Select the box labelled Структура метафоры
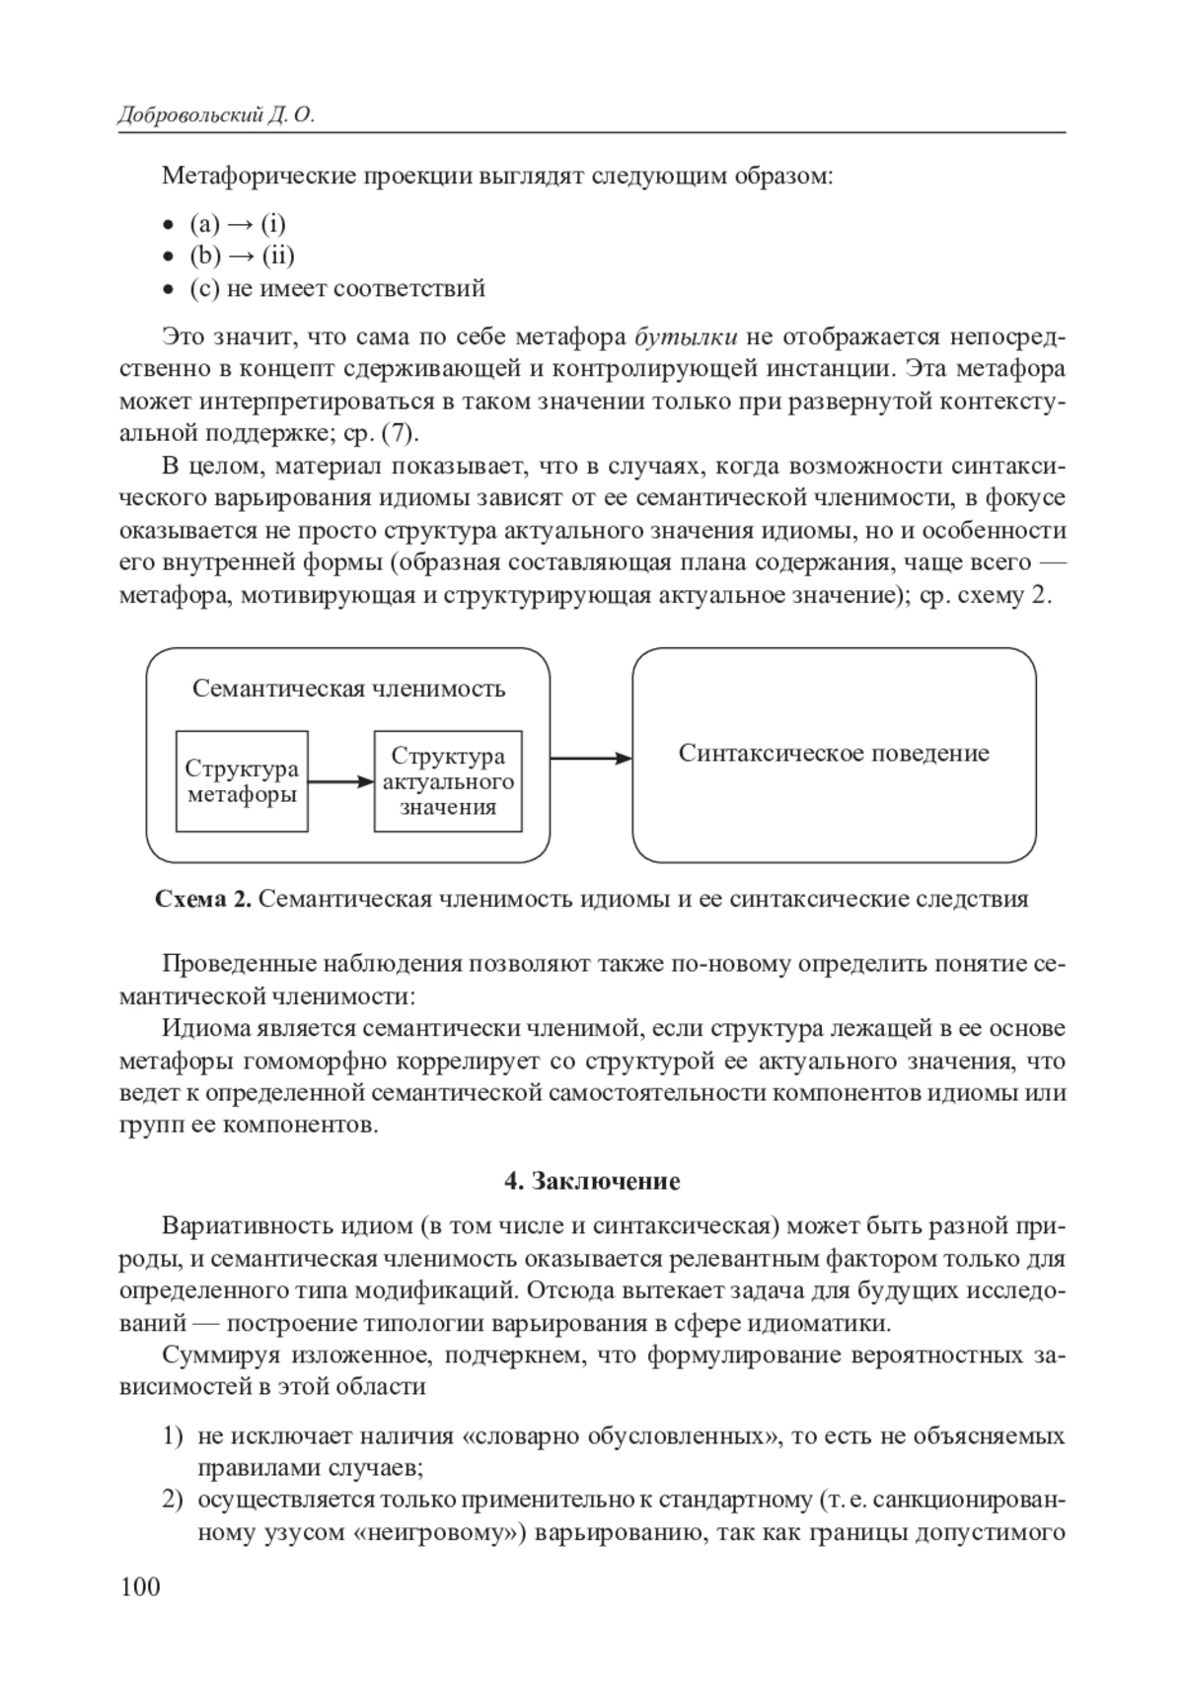(x=242, y=781)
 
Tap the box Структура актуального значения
(x=448, y=781)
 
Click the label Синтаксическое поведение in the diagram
(x=834, y=754)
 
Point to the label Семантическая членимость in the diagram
(x=348, y=689)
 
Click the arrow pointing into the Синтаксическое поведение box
(x=590, y=758)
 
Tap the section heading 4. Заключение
(x=592, y=1181)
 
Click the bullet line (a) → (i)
(x=238, y=223)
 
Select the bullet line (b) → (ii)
(x=242, y=256)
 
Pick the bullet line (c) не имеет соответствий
(x=336, y=288)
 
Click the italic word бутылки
(x=686, y=336)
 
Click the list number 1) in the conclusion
(x=173, y=1435)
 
